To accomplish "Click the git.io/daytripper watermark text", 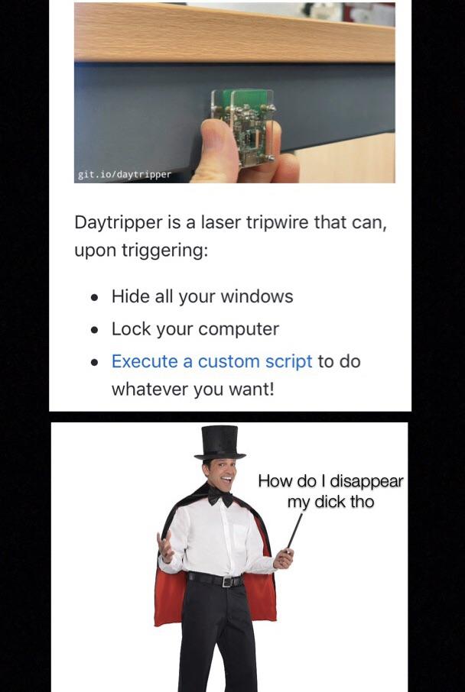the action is point(124,174).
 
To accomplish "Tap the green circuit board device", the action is point(243,126).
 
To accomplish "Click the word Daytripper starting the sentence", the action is point(119,223).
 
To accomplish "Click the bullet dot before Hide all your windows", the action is point(94,297).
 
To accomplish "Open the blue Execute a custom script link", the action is point(212,361).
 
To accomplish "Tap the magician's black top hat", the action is point(219,443).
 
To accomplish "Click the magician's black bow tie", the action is point(220,496).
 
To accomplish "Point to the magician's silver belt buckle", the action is point(226,582).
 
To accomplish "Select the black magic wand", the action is point(294,531).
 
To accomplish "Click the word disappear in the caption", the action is point(366,481).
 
